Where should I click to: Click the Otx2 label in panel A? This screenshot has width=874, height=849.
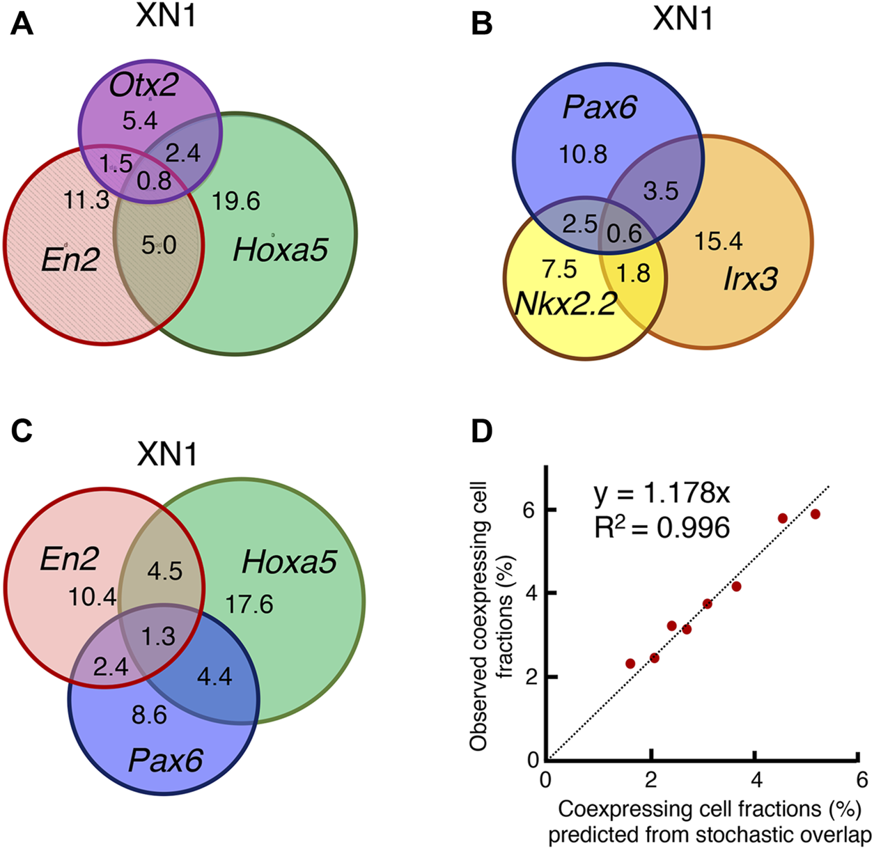[147, 86]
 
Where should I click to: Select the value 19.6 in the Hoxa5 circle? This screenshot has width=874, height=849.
[237, 201]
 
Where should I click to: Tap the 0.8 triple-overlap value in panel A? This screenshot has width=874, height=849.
[155, 180]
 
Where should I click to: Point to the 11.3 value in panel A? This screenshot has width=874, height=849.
[86, 200]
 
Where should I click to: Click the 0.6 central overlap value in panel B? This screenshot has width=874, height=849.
[625, 232]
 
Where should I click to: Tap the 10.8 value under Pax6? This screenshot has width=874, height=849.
[584, 154]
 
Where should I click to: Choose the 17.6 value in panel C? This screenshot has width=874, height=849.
[249, 604]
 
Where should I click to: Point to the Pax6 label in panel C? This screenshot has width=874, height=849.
[166, 761]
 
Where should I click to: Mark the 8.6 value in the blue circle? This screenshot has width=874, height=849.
[149, 715]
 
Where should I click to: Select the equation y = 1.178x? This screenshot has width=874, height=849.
[662, 494]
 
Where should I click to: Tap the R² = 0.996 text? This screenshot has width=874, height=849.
[662, 527]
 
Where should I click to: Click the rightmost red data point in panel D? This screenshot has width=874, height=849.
[816, 514]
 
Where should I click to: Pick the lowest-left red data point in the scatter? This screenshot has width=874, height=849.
[630, 663]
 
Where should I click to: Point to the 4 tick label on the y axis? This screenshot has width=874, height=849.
[532, 593]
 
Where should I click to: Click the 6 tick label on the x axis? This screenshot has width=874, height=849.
[861, 779]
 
